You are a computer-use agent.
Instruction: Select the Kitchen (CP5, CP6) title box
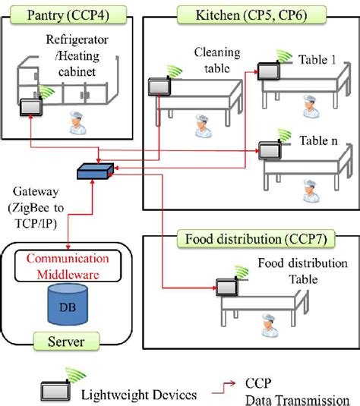(x=251, y=14)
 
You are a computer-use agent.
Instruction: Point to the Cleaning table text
(x=217, y=58)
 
